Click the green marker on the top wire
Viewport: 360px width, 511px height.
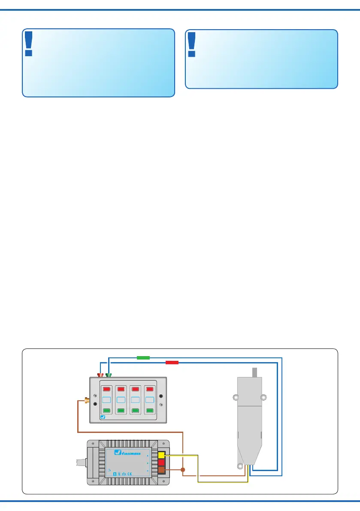click(142, 357)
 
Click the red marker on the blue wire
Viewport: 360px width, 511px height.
click(172, 363)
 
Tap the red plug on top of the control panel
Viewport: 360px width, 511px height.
click(101, 375)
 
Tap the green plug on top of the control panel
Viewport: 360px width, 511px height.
click(109, 375)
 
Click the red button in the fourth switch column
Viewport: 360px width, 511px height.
click(150, 389)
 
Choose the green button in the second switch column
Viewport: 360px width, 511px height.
click(122, 411)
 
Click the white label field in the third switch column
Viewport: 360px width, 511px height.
click(136, 400)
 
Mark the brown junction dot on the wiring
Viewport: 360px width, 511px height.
click(183, 470)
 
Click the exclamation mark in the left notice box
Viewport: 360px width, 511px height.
click(29, 44)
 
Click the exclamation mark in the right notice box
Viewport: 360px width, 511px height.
click(191, 45)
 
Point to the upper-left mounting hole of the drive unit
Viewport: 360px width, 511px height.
click(235, 397)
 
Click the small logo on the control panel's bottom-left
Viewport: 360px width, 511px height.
click(103, 416)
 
